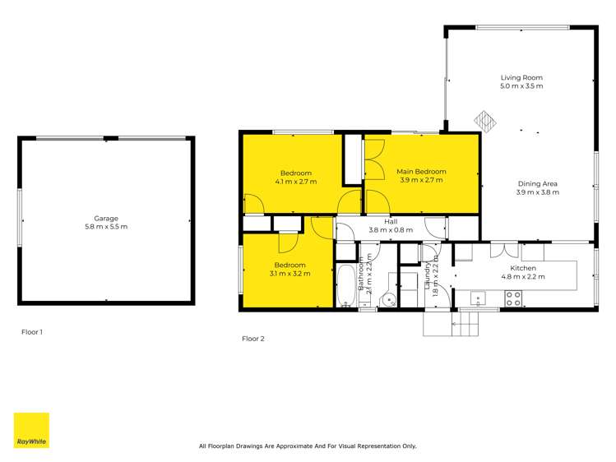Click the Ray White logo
pyautogui.click(x=31, y=430)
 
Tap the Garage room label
pyautogui.click(x=106, y=218)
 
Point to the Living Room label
pyautogui.click(x=521, y=77)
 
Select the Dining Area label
pyautogui.click(x=538, y=183)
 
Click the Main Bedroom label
pyautogui.click(x=422, y=171)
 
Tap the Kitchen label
pyautogui.click(x=523, y=268)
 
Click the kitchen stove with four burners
pyautogui.click(x=512, y=298)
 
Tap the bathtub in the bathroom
pyautogui.click(x=345, y=284)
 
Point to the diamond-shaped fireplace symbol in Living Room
pyautogui.click(x=485, y=122)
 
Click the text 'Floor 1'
pyautogui.click(x=31, y=332)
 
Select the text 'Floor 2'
pyautogui.click(x=253, y=338)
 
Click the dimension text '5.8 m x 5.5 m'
pyautogui.click(x=106, y=226)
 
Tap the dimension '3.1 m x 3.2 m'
pyautogui.click(x=289, y=273)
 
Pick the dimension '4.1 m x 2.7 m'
pyautogui.click(x=296, y=181)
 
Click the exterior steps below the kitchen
pyautogui.click(x=451, y=324)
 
